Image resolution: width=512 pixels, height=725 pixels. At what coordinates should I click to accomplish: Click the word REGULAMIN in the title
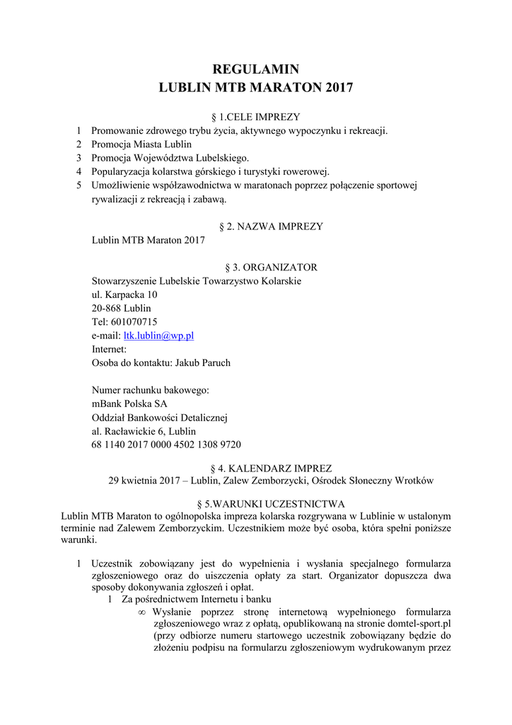click(x=256, y=69)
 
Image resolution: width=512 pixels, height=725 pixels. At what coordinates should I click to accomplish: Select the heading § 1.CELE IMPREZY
click(x=256, y=117)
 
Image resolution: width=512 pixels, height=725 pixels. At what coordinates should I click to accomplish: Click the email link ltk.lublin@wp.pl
click(x=159, y=336)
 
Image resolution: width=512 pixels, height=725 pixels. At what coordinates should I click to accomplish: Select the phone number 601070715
click(x=134, y=322)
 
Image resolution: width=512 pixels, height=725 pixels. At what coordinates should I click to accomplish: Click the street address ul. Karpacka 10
click(x=124, y=295)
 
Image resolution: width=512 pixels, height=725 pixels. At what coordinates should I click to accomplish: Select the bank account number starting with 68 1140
click(x=166, y=445)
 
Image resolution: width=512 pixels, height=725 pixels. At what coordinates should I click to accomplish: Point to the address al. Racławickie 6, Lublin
click(x=144, y=431)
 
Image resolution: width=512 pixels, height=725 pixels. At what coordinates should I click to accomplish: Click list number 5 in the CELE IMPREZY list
click(x=79, y=185)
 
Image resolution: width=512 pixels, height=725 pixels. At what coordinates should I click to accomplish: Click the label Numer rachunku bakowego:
click(x=151, y=390)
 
